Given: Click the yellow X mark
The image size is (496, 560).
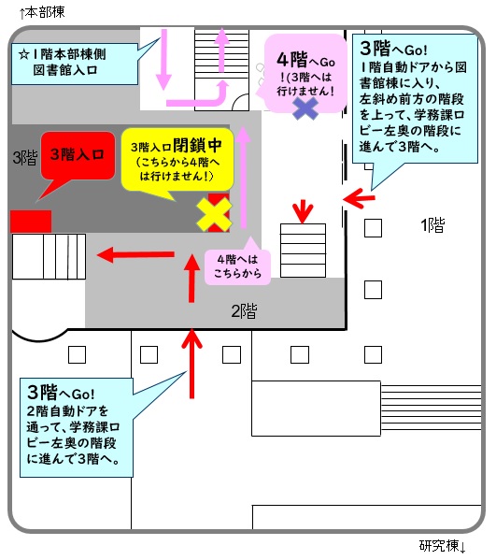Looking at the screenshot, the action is pos(214,215).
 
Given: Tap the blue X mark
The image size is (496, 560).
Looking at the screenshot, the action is pos(305,108).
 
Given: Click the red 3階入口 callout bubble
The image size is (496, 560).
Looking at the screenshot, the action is pos(78,156).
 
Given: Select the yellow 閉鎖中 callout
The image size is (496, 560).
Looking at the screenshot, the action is pos(177,160).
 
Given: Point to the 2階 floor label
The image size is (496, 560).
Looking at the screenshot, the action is pos(244,311).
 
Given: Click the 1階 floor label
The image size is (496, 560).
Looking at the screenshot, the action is pos(432,225).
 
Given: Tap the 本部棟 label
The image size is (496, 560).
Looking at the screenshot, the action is pos(42,12).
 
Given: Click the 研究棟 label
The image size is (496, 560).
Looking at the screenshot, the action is pos(443,546).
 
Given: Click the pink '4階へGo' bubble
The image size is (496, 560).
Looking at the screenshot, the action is pos(305,73).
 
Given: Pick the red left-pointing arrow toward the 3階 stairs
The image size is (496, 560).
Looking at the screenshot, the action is pos(135,254).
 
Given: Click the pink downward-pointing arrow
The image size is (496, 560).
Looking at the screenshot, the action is pos(163,60).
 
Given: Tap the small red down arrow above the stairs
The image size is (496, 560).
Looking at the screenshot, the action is pos(303,213).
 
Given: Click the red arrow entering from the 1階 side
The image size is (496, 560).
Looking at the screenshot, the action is pos(359,198).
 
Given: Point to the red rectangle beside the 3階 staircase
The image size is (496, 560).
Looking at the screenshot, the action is pos(31,222).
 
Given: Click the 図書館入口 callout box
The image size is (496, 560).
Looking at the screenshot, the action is pos(75,64).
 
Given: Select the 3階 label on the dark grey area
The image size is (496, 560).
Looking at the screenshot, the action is pos(25,157).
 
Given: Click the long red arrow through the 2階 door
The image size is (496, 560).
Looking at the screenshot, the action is pos(192,364).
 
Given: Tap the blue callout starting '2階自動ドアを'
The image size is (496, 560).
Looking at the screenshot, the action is pos(77,427).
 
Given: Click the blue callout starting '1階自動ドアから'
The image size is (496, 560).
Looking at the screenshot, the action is pos(415,99).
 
